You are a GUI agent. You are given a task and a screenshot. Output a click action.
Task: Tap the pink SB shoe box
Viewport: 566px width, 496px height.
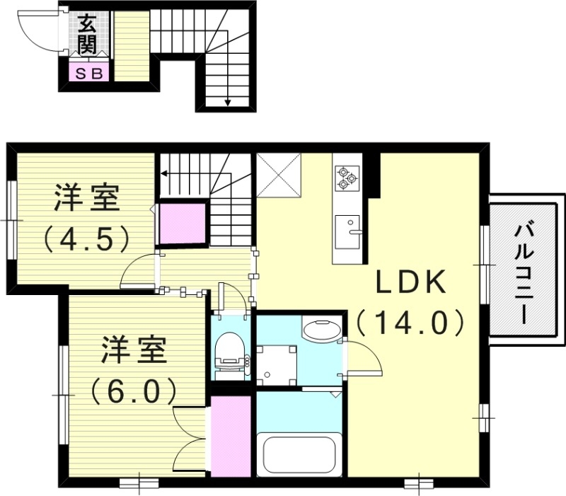[88, 72]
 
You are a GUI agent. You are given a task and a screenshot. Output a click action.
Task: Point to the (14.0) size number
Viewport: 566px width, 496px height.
[410, 323]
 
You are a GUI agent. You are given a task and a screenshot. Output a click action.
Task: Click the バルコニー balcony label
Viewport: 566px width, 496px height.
[524, 273]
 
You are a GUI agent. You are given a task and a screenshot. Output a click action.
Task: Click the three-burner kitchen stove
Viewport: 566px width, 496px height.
[347, 177]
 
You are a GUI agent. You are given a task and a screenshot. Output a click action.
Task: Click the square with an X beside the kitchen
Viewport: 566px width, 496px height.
[279, 173]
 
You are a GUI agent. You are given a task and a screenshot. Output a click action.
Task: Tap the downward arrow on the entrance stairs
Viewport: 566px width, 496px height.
[228, 100]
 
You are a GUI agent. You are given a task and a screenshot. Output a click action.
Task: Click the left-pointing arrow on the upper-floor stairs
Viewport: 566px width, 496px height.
[164, 172]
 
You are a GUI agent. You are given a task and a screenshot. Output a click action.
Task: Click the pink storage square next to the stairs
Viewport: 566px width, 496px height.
[182, 223]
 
